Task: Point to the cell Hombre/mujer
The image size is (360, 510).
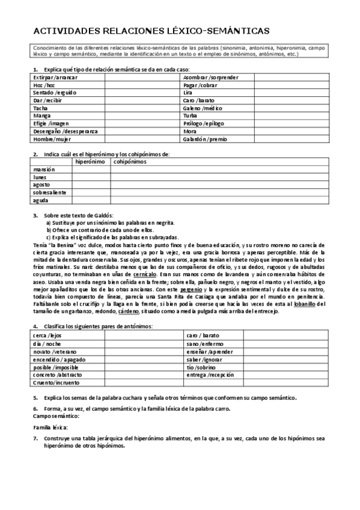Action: tap(52, 138)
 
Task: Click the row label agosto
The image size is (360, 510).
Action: tap(43, 185)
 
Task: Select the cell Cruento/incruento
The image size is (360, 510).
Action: tap(56, 382)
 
